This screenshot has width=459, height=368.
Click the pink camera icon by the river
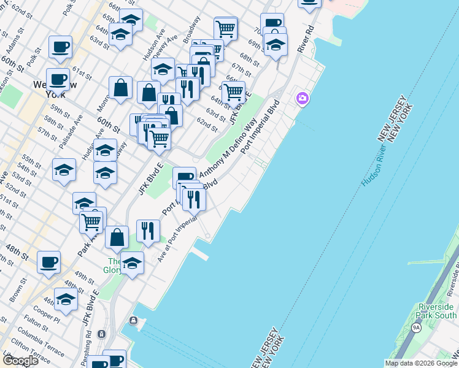point(302,98)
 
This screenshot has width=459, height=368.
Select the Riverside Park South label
point(436,310)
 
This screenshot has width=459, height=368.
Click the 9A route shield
point(416,327)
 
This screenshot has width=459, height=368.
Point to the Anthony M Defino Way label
point(226,145)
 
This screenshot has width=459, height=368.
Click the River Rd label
point(305,38)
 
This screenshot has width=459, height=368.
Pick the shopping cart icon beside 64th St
point(233,92)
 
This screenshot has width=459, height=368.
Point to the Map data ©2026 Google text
point(421,363)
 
